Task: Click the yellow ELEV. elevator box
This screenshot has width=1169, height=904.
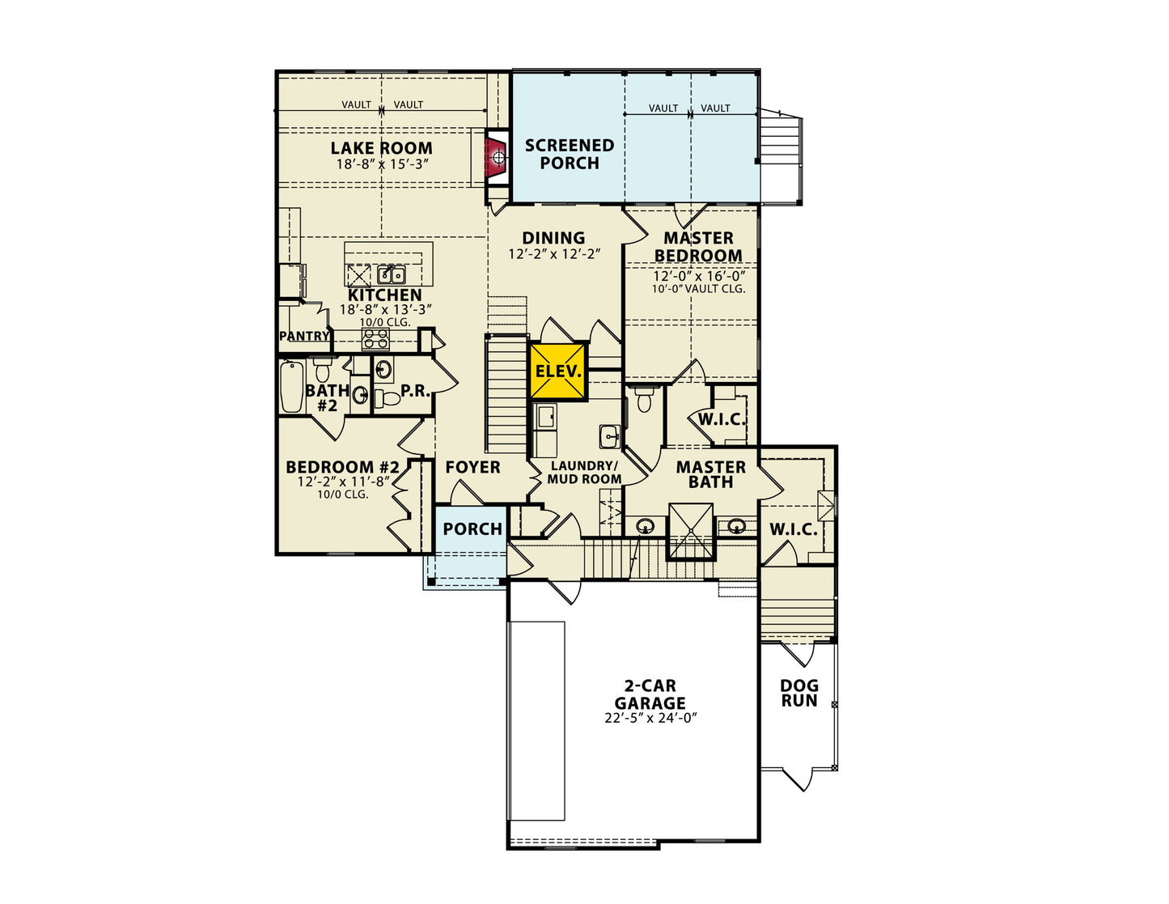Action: coord(558,371)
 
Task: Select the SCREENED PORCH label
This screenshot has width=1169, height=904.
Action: coord(570,154)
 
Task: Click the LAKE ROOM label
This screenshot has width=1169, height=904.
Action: coord(381,148)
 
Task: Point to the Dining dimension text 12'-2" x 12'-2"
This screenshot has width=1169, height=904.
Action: coord(554,254)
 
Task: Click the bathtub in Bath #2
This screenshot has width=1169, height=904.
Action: coord(292,386)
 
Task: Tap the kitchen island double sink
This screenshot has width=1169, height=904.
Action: coord(392,274)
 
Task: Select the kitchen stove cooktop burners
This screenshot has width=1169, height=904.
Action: coord(375,339)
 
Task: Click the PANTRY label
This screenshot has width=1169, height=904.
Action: coord(304,336)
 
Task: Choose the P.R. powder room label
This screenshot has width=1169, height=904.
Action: coord(415,391)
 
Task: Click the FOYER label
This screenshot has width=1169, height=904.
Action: coord(473,467)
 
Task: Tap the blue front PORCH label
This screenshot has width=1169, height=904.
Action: coord(472,529)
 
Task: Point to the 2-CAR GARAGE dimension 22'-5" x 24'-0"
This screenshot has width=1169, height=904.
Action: coord(650,718)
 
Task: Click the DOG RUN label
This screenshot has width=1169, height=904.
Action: coord(799,693)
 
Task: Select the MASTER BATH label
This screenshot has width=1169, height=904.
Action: coord(710,474)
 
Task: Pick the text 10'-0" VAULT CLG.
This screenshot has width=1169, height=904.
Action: coord(699,289)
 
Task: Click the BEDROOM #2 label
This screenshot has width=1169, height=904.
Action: coord(343,466)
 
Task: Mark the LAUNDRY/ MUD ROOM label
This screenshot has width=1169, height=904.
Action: coord(585,473)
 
